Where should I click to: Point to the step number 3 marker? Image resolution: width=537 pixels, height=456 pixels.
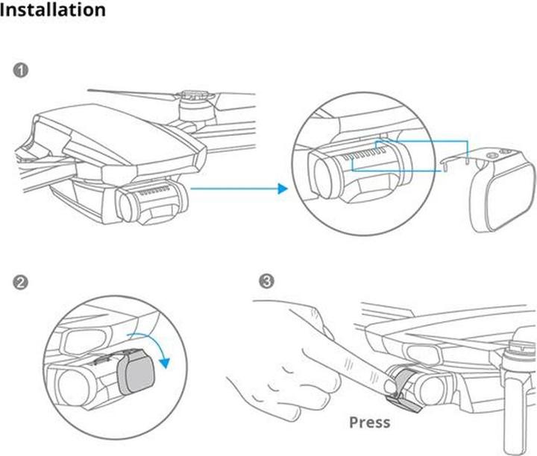click(x=266, y=282)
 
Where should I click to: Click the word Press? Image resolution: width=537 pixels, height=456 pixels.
click(x=369, y=422)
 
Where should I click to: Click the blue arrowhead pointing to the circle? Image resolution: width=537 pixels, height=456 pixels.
click(x=282, y=189)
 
